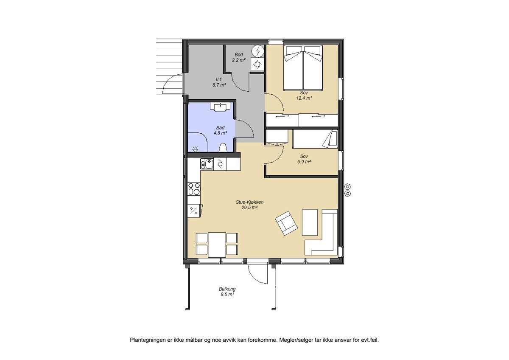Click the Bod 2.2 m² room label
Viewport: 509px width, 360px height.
pyautogui.click(x=239, y=57)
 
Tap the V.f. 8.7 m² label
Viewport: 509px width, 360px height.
pyautogui.click(x=219, y=82)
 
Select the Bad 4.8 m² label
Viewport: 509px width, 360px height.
pyautogui.click(x=220, y=130)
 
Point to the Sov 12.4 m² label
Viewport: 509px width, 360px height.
pyautogui.click(x=304, y=95)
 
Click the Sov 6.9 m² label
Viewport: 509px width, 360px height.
pyautogui.click(x=304, y=159)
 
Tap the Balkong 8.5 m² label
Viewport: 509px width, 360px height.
pyautogui.click(x=227, y=291)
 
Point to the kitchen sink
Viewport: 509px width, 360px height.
pyautogui.click(x=207, y=163)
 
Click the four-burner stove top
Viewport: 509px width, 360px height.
pyautogui.click(x=194, y=188)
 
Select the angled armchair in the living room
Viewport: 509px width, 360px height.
pyautogui.click(x=286, y=223)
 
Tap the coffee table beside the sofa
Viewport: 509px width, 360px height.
pyautogui.click(x=309, y=222)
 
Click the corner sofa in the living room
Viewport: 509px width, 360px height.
pyautogui.click(x=324, y=238)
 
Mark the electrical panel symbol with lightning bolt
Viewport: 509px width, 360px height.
pyautogui.click(x=257, y=51)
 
